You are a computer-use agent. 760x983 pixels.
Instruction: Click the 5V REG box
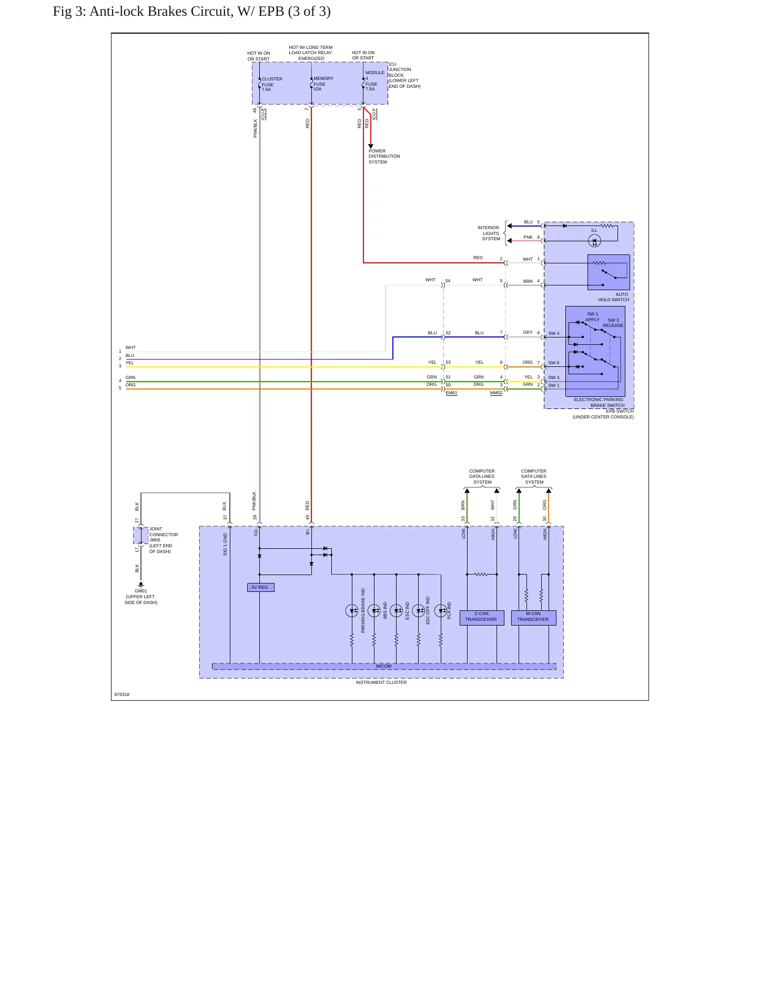click(260, 587)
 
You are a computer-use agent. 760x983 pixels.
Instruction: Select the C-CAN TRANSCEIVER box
click(482, 617)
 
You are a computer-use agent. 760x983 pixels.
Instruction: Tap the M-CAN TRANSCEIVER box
click(533, 617)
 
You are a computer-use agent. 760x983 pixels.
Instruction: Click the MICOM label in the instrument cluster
click(383, 666)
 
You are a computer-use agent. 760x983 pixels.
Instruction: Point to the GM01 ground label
click(141, 591)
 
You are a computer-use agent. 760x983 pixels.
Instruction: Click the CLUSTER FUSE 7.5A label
click(272, 84)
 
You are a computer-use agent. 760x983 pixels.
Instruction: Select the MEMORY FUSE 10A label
click(323, 84)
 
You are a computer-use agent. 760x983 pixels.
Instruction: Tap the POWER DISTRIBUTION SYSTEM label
click(384, 156)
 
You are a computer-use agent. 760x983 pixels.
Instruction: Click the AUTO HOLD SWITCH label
click(613, 297)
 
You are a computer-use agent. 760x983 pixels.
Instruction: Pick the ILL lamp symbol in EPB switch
click(594, 241)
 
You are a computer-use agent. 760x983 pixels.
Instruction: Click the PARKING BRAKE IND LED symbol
click(352, 610)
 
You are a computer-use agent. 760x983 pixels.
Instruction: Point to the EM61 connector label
click(451, 393)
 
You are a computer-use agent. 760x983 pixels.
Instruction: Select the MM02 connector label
click(496, 393)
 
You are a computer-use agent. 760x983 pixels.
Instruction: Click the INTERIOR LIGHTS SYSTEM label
click(489, 233)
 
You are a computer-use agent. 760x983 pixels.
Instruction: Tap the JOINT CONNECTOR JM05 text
click(164, 535)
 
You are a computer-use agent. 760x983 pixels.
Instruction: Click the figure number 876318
click(122, 694)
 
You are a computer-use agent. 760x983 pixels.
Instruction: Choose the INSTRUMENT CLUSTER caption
click(381, 682)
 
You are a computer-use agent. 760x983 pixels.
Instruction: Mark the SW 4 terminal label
click(554, 333)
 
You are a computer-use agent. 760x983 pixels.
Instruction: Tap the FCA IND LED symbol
click(441, 610)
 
